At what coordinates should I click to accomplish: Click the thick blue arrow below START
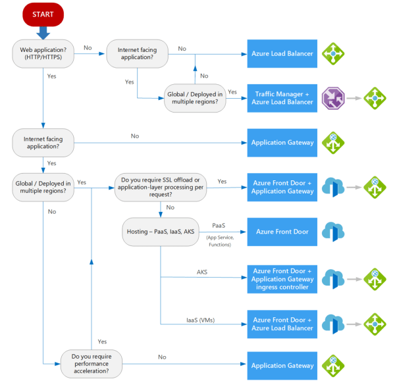[43, 32]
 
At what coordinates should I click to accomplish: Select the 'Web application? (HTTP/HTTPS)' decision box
[43, 54]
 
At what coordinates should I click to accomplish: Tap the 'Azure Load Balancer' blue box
[282, 54]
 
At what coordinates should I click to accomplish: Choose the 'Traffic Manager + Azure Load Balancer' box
[282, 98]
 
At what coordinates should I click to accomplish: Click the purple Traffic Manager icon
[332, 98]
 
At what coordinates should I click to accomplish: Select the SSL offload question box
[161, 186]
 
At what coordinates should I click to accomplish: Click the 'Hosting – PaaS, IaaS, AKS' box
[161, 232]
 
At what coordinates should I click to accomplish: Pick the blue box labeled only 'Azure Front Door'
[282, 232]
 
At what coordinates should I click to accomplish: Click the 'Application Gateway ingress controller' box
[282, 278]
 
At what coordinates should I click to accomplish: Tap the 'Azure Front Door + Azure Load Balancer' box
[282, 323]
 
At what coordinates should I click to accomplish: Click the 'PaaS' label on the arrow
[219, 225]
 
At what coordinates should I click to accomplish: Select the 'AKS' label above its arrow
[202, 271]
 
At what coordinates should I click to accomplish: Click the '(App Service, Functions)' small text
[219, 241]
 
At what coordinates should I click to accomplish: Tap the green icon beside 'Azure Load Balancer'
[332, 54]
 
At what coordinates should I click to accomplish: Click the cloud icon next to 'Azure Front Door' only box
[332, 232]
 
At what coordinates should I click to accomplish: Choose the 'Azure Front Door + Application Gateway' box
[282, 186]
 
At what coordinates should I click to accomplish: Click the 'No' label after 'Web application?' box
[88, 48]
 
